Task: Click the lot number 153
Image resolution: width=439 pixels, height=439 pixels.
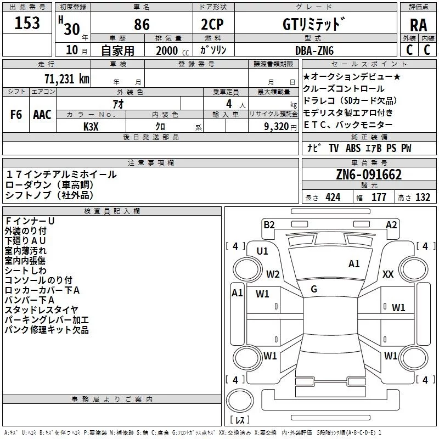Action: [x=27, y=23]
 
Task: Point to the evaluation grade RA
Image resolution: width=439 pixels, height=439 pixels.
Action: [x=418, y=25]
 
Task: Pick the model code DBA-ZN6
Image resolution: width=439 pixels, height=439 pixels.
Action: [x=314, y=50]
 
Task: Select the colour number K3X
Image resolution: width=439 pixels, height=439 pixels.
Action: [x=91, y=127]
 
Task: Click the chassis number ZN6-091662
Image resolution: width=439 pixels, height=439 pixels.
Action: [x=369, y=175]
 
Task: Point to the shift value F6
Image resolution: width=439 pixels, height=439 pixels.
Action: [x=16, y=115]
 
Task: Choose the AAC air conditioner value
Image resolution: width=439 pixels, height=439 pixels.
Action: [x=42, y=115]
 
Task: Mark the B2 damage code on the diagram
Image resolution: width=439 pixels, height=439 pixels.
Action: [x=269, y=224]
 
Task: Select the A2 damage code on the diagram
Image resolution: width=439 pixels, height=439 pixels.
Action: [x=391, y=224]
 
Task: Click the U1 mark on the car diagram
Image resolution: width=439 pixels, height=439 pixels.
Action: [x=262, y=251]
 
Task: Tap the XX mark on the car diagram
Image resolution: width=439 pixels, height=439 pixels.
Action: [x=388, y=274]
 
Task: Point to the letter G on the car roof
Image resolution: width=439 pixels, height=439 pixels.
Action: [x=314, y=289]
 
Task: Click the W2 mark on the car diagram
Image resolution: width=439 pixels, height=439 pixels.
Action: [x=273, y=274]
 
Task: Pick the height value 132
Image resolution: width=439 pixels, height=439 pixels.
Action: [x=423, y=198]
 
